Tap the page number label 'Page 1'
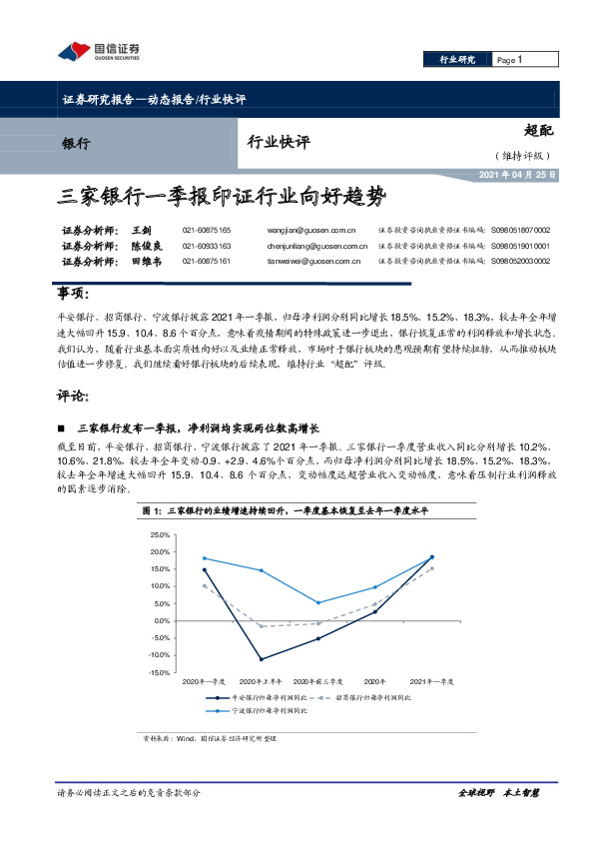point(510,60)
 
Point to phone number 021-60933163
point(207,245)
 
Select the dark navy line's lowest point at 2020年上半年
point(261,659)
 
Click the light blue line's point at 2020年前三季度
point(318,602)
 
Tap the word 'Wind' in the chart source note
point(184,738)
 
